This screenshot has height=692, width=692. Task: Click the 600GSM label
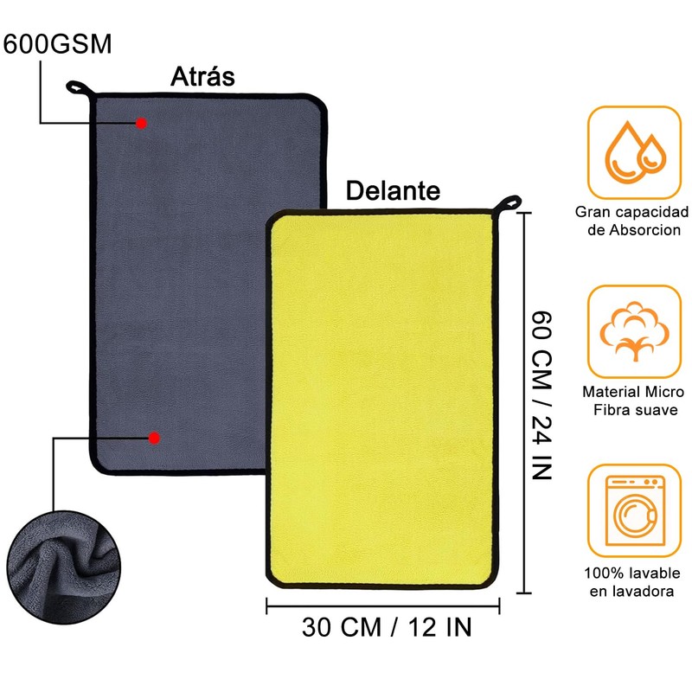[58, 44]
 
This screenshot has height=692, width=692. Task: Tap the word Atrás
[202, 76]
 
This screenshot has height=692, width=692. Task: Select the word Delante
[393, 189]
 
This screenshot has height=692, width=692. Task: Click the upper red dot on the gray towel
[142, 124]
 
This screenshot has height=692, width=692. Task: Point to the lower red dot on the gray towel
[154, 439]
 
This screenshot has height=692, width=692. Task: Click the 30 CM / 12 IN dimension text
[388, 626]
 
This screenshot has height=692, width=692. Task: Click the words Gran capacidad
[632, 213]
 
